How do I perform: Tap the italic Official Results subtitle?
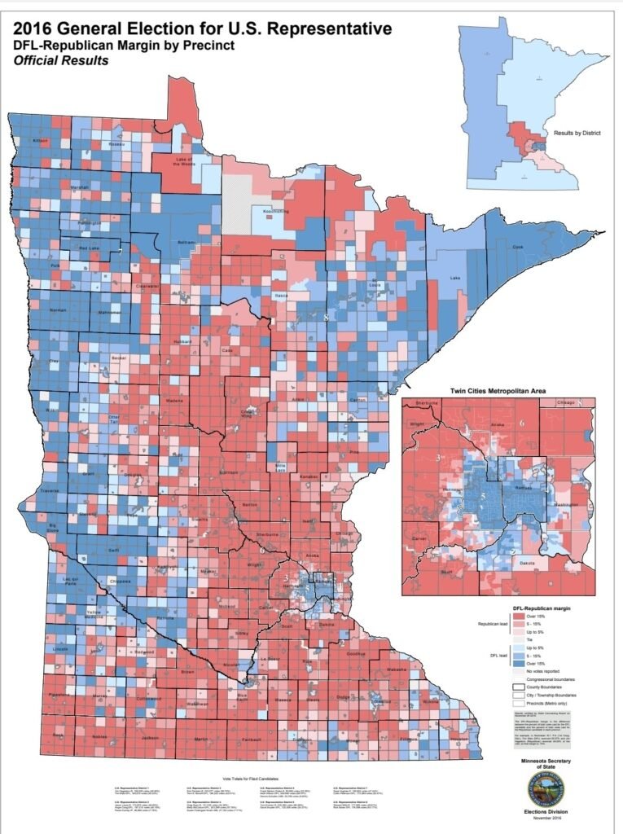[x=61, y=60]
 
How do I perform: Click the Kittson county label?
[x=40, y=141]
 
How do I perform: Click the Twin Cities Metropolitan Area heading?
[x=498, y=392]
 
